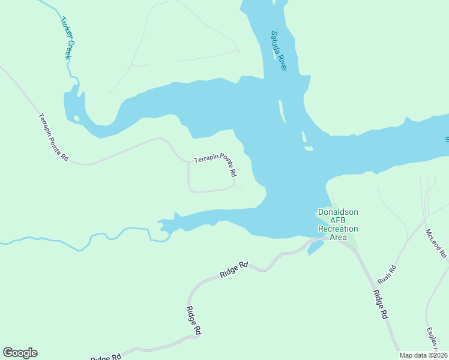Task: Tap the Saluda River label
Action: click(279, 51)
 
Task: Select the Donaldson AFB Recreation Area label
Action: click(338, 224)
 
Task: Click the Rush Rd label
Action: click(387, 275)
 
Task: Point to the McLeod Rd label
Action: click(436, 243)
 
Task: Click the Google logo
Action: click(20, 353)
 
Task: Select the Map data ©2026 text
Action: click(423, 355)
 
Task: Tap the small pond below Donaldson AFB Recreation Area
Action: click(315, 248)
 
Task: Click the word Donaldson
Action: click(338, 212)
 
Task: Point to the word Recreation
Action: click(338, 229)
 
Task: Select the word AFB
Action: click(338, 220)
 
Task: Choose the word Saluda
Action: click(276, 41)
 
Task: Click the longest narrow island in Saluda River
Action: click(282, 110)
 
